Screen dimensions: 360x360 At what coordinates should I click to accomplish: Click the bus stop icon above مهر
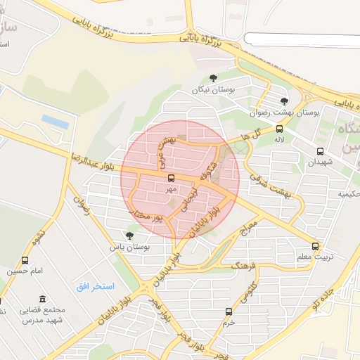click(x=172, y=178)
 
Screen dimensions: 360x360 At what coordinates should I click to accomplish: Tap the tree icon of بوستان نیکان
click(x=214, y=79)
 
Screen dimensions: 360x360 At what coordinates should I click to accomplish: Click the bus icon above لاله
click(x=280, y=129)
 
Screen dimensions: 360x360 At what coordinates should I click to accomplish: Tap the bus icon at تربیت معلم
click(x=315, y=247)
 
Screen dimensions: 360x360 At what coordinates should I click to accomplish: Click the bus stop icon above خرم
click(x=228, y=311)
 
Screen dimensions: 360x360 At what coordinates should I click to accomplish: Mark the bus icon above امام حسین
click(x=25, y=261)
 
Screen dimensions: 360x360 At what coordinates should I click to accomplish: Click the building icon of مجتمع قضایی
click(x=44, y=299)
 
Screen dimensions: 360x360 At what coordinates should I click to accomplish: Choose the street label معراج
click(x=248, y=230)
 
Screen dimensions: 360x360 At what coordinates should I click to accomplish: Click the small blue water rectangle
click(x=55, y=121)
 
